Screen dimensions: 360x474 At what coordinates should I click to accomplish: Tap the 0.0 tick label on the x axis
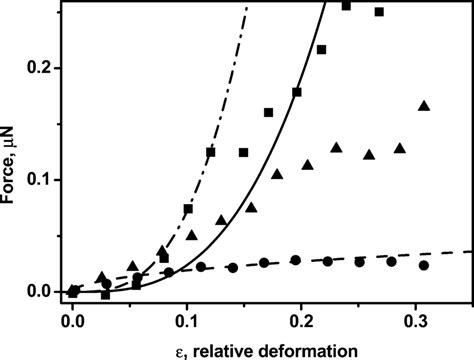[x=72, y=325]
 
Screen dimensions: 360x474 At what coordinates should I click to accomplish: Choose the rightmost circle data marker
[x=424, y=266]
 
